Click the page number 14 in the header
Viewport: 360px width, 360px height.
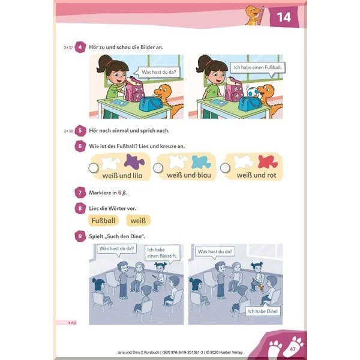coord(284,17)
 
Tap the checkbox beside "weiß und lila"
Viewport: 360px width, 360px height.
coord(94,168)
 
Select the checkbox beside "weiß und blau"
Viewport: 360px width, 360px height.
coord(158,167)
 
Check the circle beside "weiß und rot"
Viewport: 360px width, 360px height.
coord(225,167)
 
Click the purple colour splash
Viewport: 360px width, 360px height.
coord(134,161)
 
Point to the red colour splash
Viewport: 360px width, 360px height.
coord(268,161)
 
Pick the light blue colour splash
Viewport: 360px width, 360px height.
coord(201,162)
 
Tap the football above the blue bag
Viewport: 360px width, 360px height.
coord(253,92)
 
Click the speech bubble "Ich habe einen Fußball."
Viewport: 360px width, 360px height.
coord(257,68)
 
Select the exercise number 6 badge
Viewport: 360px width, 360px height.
coord(80,146)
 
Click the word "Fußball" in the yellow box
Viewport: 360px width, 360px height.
coord(103,221)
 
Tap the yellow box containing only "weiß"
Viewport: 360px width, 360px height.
coord(138,221)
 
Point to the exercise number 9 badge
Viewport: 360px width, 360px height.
coord(80,236)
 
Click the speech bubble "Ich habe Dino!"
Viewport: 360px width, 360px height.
coord(263,310)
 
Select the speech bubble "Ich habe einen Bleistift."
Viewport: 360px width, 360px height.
coord(163,253)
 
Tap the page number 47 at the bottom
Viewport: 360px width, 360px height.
coord(293,349)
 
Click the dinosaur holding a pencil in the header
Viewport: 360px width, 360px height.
coord(254,15)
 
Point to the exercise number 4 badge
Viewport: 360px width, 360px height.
coord(80,47)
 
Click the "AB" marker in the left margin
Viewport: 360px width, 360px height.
coord(73,323)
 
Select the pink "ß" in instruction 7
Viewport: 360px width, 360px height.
coord(124,193)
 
